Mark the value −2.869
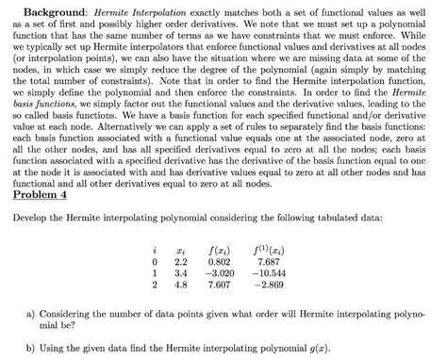click(268, 283)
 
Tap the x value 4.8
click(183, 283)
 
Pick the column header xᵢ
click(183, 248)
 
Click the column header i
click(154, 248)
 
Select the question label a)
click(33, 310)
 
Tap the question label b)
click(33, 346)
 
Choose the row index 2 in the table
click(154, 283)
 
